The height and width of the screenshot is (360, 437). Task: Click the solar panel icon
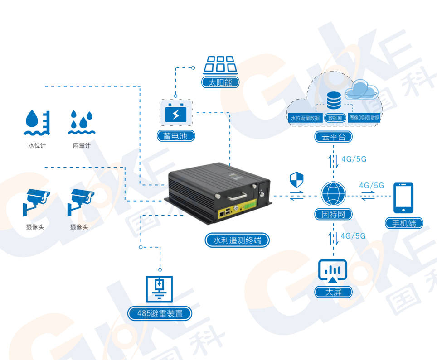221,64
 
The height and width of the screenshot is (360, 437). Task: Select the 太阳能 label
220,82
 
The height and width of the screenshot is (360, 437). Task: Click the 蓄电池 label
176,135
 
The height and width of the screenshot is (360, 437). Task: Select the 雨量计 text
82,146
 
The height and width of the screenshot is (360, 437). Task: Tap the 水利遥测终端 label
237,240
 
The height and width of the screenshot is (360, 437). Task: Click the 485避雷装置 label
159,313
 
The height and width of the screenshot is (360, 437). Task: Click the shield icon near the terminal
296,180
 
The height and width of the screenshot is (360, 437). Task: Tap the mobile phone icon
403,197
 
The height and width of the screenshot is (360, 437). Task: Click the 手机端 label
403,223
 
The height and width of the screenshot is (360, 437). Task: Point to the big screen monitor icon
333,271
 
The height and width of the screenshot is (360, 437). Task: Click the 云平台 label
333,137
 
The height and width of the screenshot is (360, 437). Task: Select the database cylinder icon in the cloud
334,100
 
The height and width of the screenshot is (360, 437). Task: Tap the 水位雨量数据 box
305,118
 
